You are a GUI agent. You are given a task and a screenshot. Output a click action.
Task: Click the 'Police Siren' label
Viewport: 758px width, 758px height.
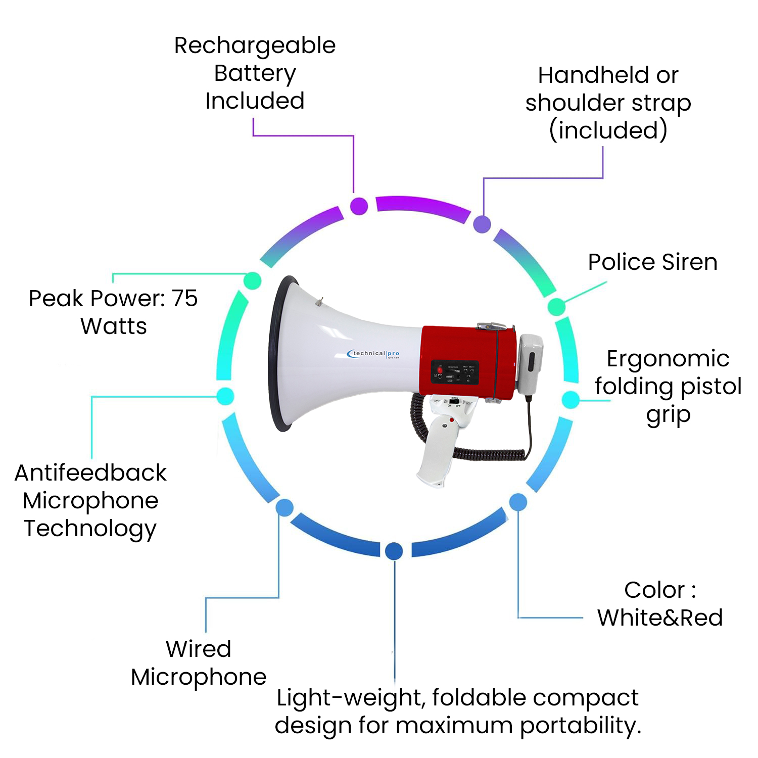coord(652,262)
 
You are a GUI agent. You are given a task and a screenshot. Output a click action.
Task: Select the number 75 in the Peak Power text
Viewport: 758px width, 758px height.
coord(184,298)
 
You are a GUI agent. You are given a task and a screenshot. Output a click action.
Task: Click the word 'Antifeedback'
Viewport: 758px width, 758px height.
coord(90,473)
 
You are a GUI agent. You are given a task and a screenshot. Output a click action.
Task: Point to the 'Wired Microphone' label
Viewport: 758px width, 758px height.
coord(199,663)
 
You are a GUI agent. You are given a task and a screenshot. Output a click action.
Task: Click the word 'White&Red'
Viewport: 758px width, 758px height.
coord(660,618)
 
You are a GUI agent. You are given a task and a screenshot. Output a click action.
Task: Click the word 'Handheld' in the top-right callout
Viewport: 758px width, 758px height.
coord(594,75)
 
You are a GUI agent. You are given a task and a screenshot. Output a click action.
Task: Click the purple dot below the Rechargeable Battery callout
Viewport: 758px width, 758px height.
coord(359,206)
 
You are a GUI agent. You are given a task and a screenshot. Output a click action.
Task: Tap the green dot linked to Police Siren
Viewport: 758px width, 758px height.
coord(556,307)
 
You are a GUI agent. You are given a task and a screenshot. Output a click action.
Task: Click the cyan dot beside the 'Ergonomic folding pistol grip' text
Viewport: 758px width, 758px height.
coord(571,400)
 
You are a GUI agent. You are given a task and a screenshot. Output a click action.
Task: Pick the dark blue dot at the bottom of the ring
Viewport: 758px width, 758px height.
coord(394,551)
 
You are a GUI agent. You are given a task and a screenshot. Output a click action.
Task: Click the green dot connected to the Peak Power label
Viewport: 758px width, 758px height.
coord(252,280)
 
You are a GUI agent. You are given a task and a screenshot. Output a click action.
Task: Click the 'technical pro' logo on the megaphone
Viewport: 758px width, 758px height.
coord(373,354)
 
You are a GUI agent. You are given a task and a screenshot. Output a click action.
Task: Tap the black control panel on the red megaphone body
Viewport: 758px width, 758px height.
coord(454,372)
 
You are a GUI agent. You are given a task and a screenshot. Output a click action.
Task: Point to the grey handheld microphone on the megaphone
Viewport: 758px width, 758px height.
coord(529,363)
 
